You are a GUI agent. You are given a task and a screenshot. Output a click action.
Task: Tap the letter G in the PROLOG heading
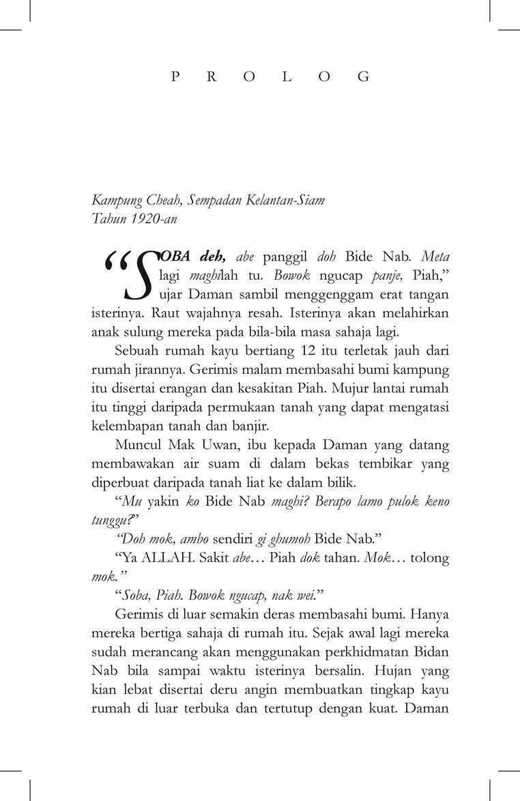tap(364, 77)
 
